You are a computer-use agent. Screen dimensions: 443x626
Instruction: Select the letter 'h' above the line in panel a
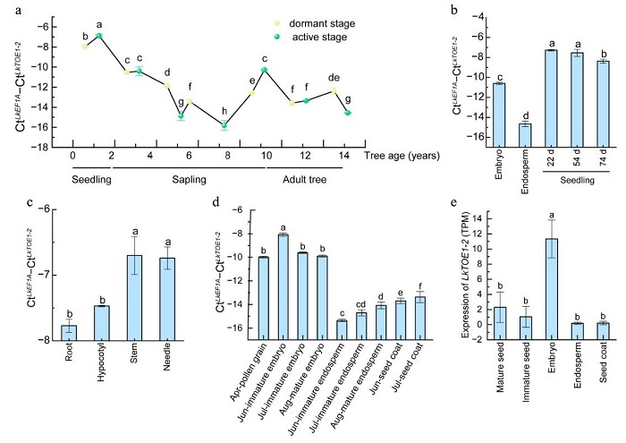[x=224, y=112]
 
